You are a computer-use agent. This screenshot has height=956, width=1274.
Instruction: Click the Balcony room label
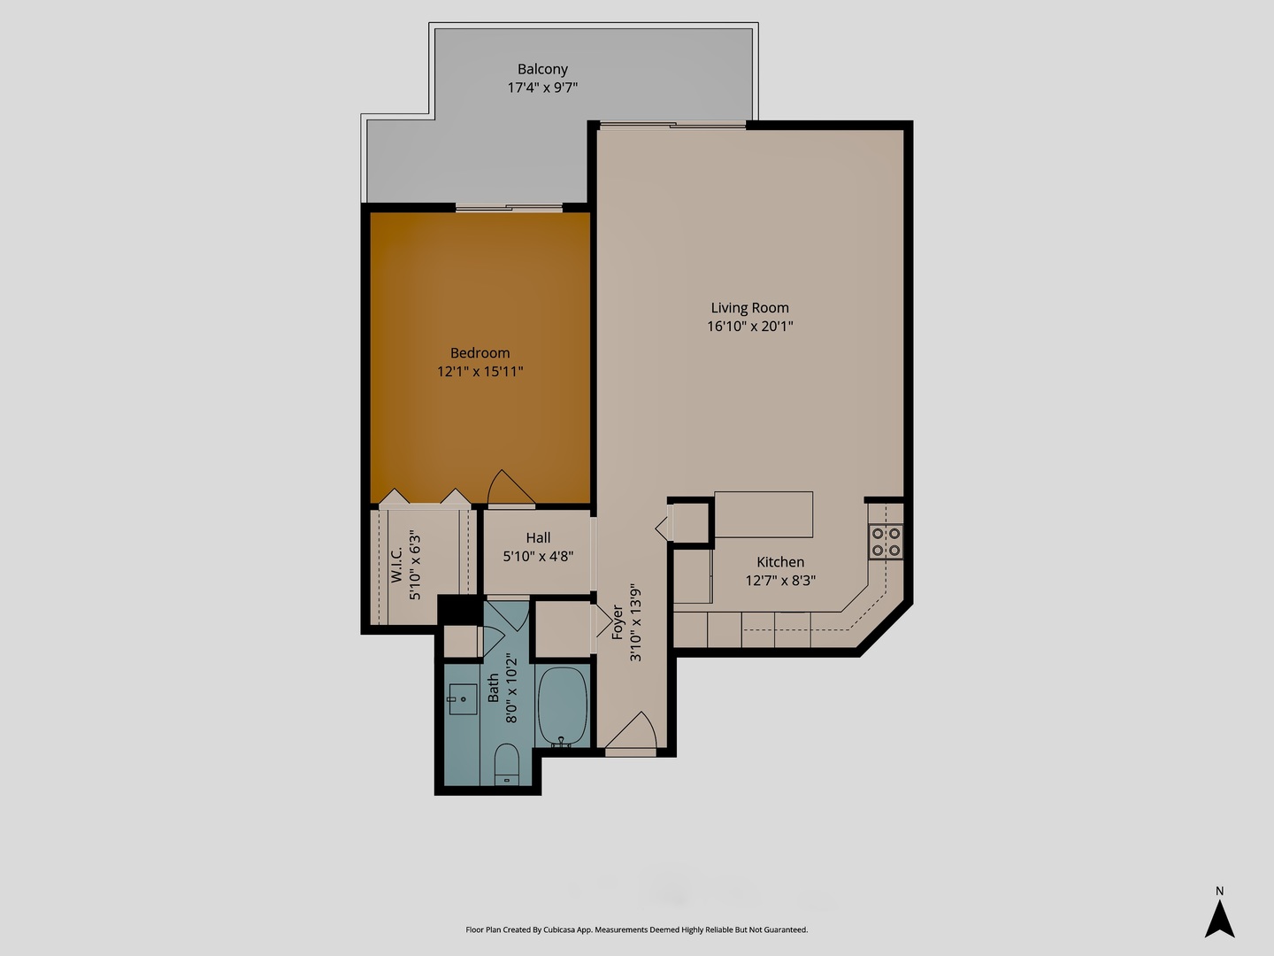click(x=542, y=69)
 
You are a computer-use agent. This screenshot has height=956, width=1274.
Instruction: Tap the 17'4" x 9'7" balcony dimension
click(x=542, y=88)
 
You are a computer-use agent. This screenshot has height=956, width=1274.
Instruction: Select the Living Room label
click(x=749, y=308)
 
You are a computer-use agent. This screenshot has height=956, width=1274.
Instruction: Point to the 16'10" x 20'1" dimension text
click(x=749, y=327)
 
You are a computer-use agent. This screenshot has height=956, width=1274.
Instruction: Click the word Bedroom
click(x=480, y=352)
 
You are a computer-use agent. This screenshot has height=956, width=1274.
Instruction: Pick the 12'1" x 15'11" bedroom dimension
click(x=480, y=372)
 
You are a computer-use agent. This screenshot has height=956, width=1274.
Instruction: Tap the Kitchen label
click(x=780, y=562)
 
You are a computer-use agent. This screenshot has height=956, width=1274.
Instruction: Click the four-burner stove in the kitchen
click(x=886, y=542)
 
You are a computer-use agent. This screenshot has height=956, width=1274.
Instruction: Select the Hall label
click(x=538, y=537)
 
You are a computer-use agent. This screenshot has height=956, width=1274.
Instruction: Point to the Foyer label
click(x=617, y=621)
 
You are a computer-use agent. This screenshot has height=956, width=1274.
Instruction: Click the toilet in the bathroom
click(x=506, y=763)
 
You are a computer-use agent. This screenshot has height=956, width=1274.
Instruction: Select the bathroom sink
click(x=461, y=699)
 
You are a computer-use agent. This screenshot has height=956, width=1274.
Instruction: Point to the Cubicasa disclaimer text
click(x=636, y=929)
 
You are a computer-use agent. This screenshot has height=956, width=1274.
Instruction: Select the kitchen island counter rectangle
click(x=763, y=514)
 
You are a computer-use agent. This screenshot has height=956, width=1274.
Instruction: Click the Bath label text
click(x=493, y=689)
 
